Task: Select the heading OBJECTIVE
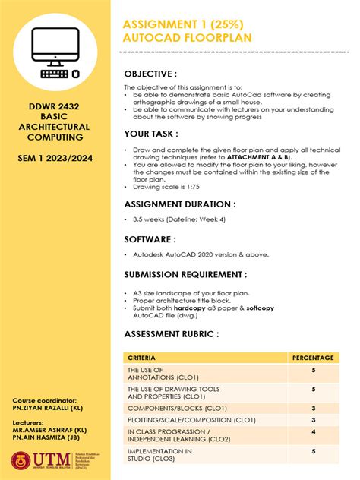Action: coord(150,74)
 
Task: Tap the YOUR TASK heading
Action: coord(151,134)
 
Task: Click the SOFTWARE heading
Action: coord(152,239)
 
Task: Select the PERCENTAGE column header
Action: coord(312,357)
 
